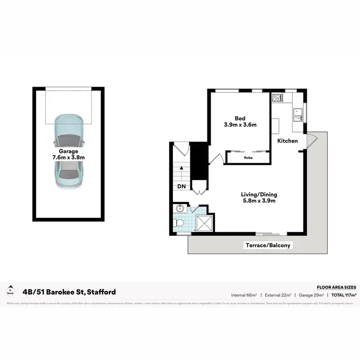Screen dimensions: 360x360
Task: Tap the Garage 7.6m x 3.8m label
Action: (x=69, y=154)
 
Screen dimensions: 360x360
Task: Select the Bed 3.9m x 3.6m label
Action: (x=240, y=121)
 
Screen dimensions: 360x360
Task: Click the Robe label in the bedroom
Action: (x=248, y=157)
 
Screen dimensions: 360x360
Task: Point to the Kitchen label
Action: (x=288, y=141)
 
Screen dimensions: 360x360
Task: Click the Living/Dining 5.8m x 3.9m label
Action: (x=259, y=198)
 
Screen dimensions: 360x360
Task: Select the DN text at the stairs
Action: (x=181, y=186)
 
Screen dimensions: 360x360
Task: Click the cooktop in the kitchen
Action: (x=277, y=98)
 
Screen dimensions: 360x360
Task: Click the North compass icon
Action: (x=10, y=290)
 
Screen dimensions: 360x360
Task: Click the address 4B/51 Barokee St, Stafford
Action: (x=69, y=292)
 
